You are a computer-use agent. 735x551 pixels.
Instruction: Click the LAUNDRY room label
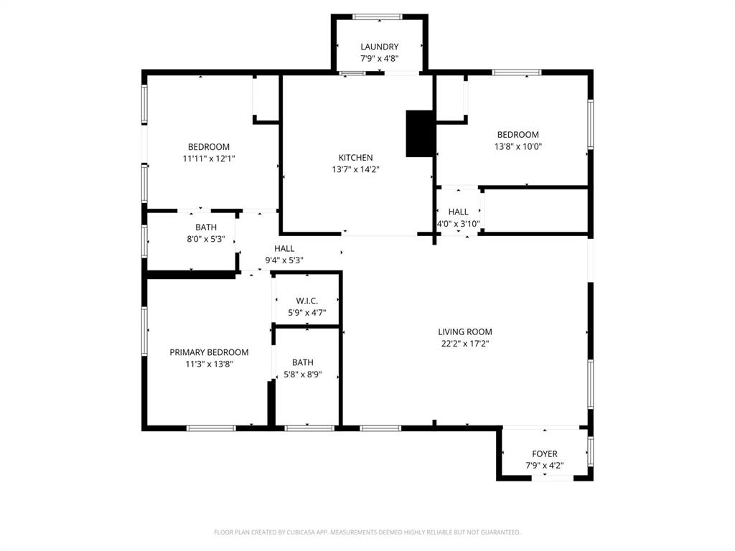[x=379, y=47]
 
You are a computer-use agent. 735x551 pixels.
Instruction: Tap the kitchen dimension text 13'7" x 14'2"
[x=355, y=170]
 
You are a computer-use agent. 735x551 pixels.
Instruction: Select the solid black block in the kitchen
[x=420, y=133]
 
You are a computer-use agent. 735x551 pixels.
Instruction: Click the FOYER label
[x=544, y=454]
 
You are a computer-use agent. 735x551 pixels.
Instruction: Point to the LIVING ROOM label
[x=465, y=332]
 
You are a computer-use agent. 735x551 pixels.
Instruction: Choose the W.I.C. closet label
[x=306, y=301]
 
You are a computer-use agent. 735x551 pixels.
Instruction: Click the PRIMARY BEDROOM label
[x=209, y=352]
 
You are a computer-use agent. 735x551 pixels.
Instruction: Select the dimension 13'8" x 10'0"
[x=518, y=146]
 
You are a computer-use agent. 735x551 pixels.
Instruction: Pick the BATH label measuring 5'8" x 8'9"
[x=302, y=363]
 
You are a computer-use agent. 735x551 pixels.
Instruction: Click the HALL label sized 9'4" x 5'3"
[x=284, y=249]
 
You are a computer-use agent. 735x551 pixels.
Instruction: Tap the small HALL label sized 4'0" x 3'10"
[x=458, y=212]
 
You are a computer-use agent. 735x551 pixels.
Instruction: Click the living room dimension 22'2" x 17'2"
[x=465, y=344]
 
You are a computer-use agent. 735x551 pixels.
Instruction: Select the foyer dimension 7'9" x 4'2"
[x=544, y=466]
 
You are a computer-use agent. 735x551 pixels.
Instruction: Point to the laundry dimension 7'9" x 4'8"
[x=379, y=59]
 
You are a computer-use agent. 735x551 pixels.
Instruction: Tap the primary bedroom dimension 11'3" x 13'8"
[x=209, y=364]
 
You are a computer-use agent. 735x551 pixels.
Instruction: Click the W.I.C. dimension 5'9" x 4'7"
[x=306, y=313]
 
